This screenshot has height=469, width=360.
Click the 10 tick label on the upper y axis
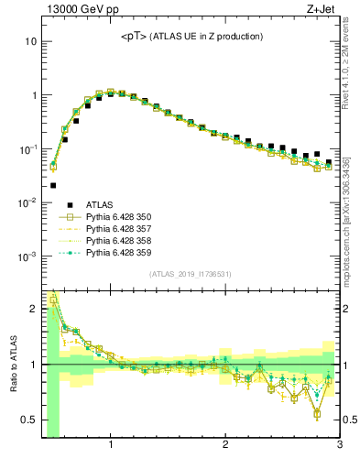(x=31, y=42)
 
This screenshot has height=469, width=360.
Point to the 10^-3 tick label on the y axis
(x=27, y=256)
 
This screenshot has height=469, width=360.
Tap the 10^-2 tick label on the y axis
(x=27, y=202)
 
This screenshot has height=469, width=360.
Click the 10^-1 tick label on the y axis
(x=27, y=149)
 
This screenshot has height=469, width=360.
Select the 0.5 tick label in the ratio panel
(x=29, y=420)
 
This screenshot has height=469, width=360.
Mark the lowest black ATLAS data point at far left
(x=53, y=185)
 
